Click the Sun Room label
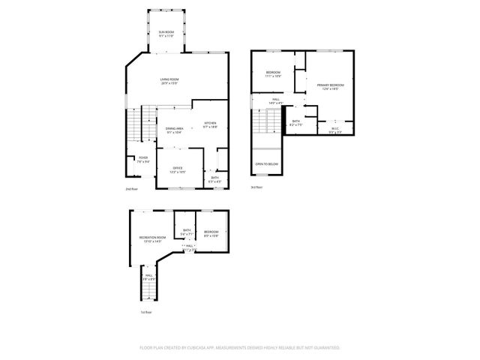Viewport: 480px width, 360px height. [x=166, y=31]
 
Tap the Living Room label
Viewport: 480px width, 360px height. [x=169, y=79]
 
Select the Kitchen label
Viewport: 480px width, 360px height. [x=211, y=123]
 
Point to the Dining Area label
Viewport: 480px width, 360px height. [x=175, y=129]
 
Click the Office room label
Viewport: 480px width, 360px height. [x=178, y=168]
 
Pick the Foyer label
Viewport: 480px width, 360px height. [x=142, y=157]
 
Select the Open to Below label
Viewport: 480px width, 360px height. [x=267, y=163]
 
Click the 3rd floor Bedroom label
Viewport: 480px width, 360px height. [x=273, y=73]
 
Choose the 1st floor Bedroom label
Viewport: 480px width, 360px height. [x=211, y=232]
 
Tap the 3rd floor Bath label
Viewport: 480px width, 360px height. [x=296, y=121]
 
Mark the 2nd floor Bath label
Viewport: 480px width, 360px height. [x=214, y=178]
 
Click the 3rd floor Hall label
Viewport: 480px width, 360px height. [x=276, y=100]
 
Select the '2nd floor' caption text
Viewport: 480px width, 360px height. [x=131, y=189]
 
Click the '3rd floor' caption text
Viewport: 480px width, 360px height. [x=256, y=187]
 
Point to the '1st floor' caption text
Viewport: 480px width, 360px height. [x=145, y=311]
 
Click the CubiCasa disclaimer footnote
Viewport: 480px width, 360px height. [x=239, y=348]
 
